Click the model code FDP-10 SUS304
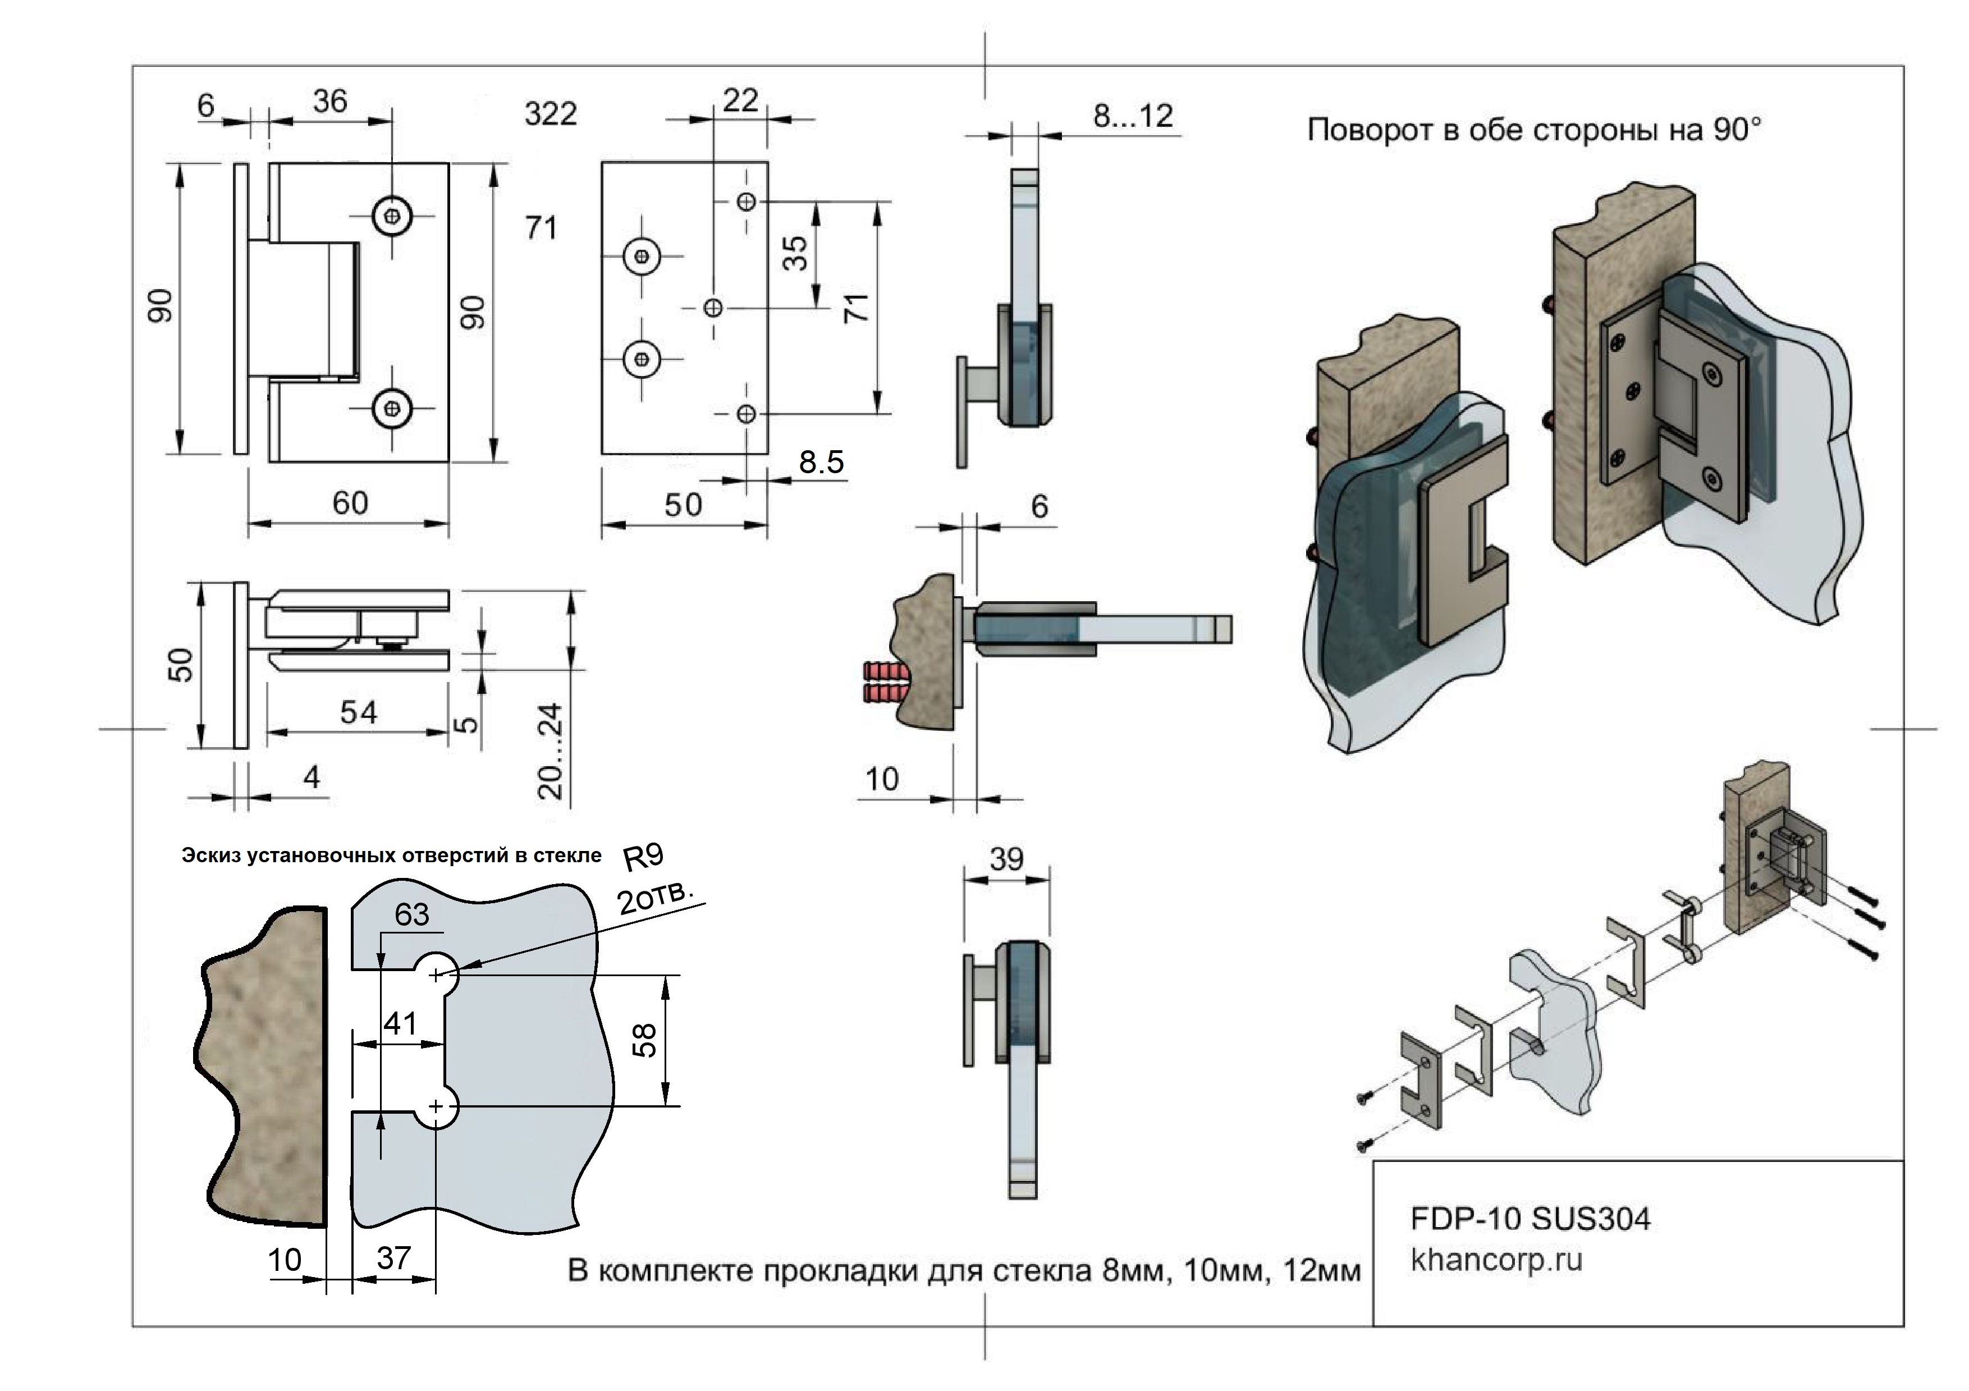click(1530, 1219)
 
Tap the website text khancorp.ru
click(1496, 1260)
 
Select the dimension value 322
click(551, 113)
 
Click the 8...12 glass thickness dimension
click(1133, 116)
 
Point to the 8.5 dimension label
click(821, 462)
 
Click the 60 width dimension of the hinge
click(350, 502)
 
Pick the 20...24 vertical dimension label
click(551, 751)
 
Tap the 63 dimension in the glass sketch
click(411, 915)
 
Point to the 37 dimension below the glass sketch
click(393, 1258)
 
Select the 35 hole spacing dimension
click(796, 253)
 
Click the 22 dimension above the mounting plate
click(740, 100)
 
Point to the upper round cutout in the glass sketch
click(437, 973)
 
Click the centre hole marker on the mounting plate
click(713, 307)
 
